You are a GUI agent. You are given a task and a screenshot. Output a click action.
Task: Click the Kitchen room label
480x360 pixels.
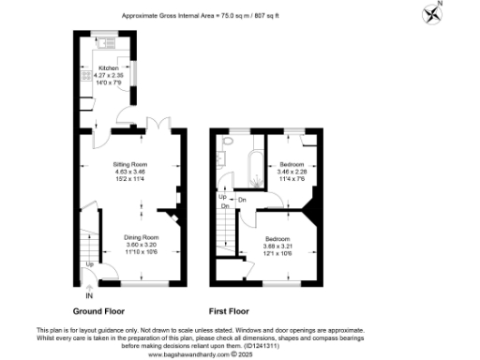[111, 68]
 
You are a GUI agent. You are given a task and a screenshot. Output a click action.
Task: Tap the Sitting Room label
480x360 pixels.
[131, 164]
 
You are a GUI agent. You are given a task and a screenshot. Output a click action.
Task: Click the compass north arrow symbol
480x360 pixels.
[433, 14]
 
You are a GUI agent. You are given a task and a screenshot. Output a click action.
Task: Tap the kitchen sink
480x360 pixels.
[105, 43]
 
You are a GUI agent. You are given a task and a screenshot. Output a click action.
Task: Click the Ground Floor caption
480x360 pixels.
[100, 309]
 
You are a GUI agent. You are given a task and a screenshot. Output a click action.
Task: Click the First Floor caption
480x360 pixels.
[234, 309]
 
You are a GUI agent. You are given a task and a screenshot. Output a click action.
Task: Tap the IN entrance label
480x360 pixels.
[89, 296]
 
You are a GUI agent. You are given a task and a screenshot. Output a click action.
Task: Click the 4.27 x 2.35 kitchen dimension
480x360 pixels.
[111, 75]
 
